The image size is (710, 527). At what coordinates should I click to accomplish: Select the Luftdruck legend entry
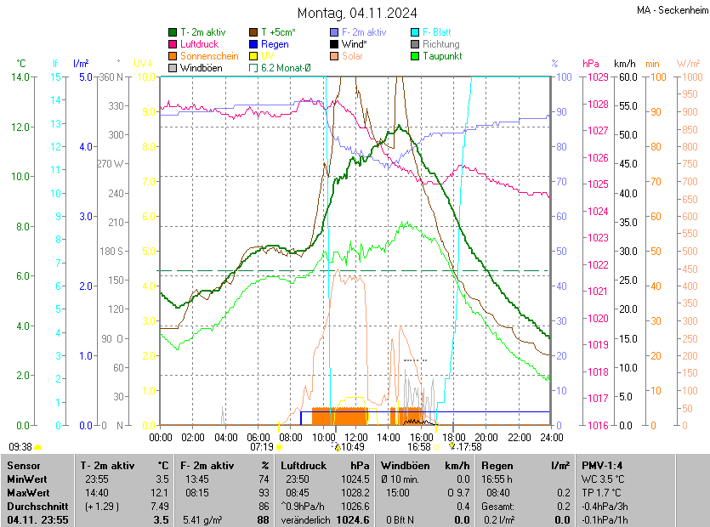click(200, 44)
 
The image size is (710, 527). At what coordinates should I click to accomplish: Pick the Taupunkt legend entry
click(441, 56)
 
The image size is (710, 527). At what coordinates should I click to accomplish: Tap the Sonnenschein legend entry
click(208, 56)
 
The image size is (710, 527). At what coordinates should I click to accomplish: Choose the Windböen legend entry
click(201, 68)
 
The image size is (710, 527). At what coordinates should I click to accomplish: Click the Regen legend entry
click(275, 44)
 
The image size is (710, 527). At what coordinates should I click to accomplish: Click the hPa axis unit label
click(590, 64)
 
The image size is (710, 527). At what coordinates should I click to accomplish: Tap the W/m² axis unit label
click(688, 64)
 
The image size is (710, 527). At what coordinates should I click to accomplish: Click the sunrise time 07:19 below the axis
click(262, 446)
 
